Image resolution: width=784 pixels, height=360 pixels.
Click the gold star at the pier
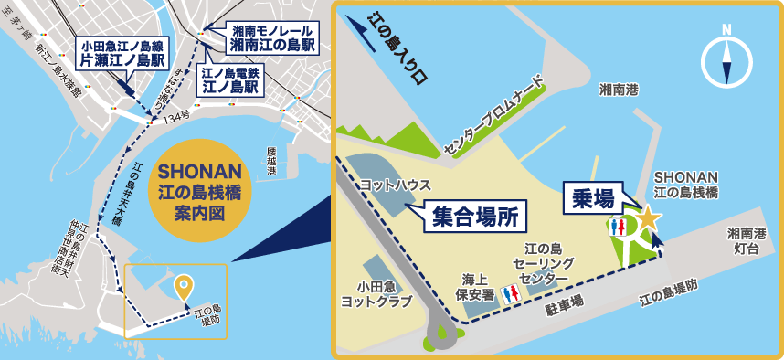(x=647, y=218)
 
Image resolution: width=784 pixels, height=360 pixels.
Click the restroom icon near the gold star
(x=619, y=226)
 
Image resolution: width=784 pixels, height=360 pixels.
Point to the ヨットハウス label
(x=396, y=184)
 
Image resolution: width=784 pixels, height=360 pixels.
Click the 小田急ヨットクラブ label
(x=374, y=291)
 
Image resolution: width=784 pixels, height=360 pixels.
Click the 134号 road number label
(x=176, y=118)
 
